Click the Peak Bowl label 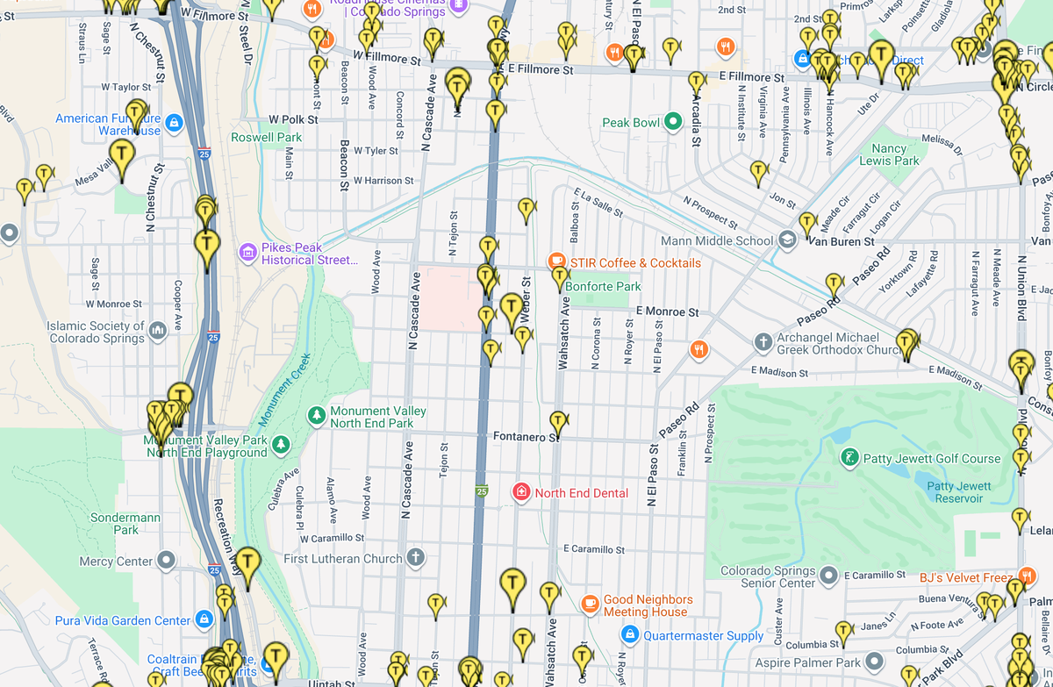[x=630, y=123]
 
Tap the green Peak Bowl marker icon [x=673, y=122]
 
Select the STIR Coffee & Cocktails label [x=635, y=262]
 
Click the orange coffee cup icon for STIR [x=555, y=261]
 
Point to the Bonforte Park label [x=603, y=286]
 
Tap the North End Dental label [x=581, y=493]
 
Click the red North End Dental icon [x=521, y=492]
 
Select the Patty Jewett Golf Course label [x=932, y=458]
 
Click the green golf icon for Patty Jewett [x=849, y=457]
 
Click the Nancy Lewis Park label [x=889, y=154]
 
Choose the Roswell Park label [x=266, y=137]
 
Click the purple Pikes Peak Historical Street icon [x=248, y=254]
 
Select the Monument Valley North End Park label [x=377, y=417]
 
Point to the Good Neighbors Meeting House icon [x=591, y=604]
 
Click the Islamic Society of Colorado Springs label [x=97, y=332]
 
